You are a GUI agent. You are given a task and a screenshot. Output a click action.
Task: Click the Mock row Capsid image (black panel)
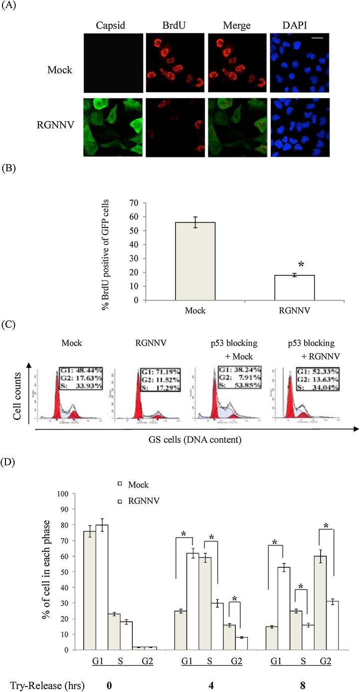(112, 63)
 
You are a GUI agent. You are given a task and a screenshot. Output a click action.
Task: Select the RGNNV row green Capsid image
(112, 127)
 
